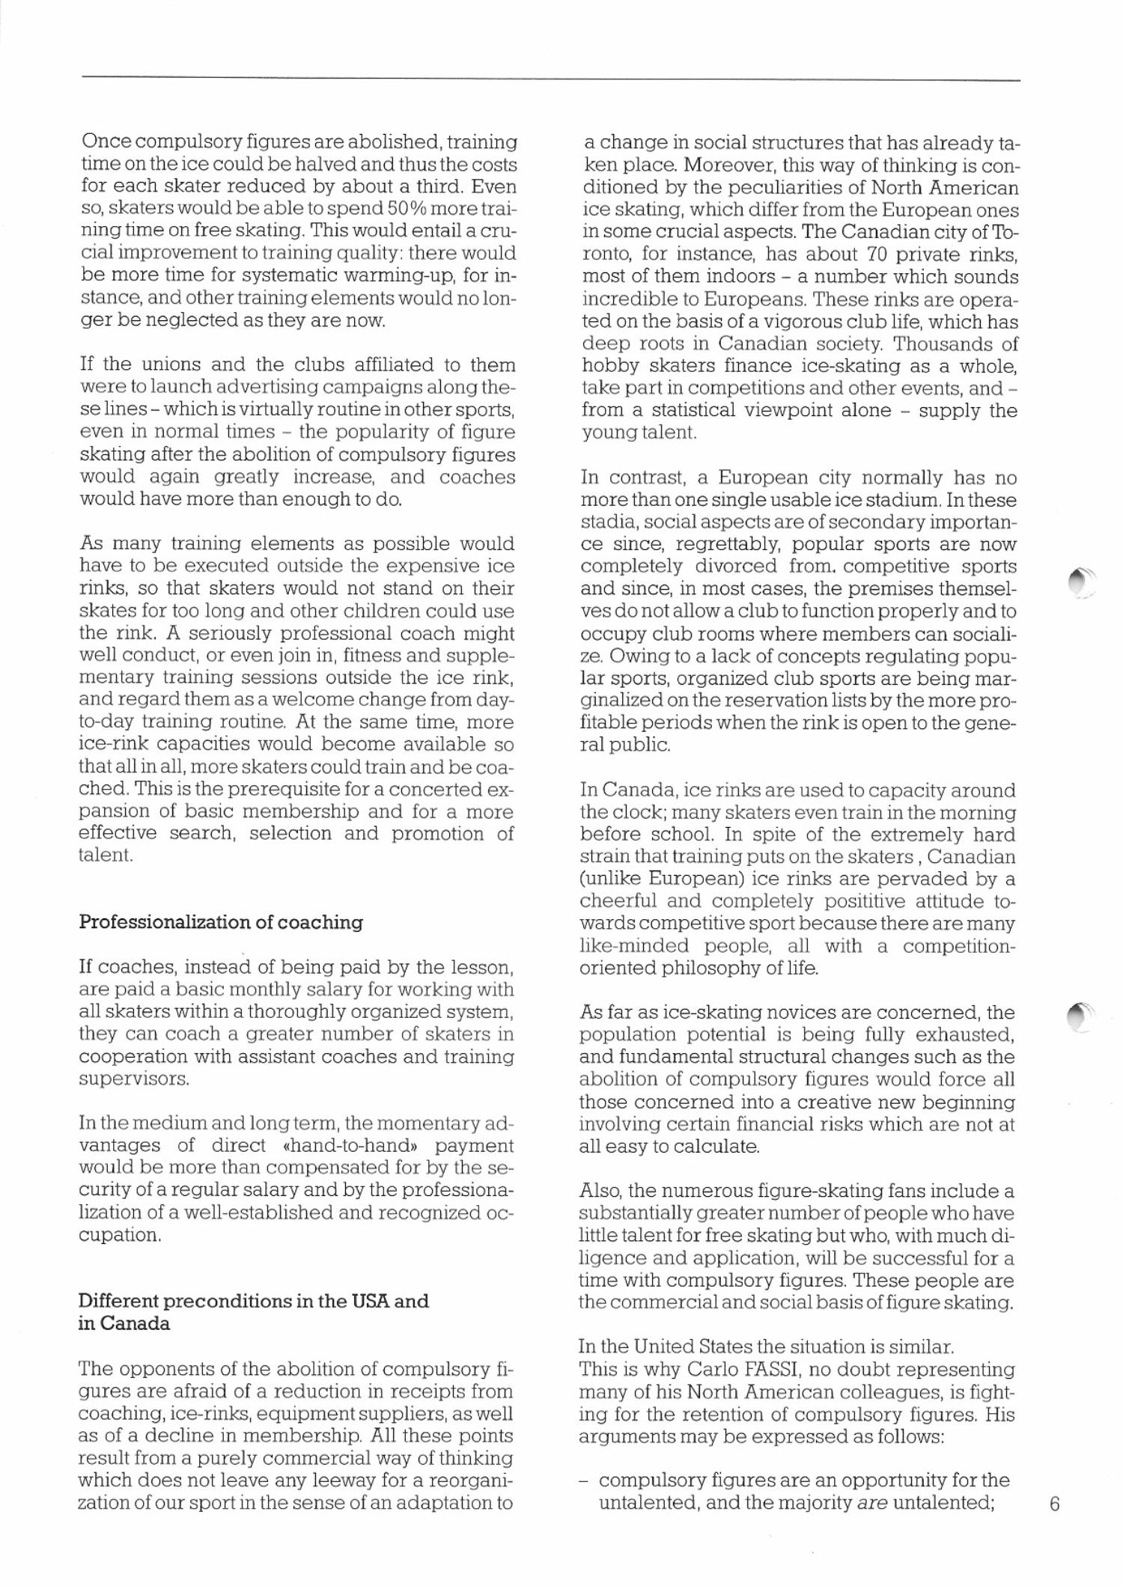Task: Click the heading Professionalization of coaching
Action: pyautogui.click(x=221, y=922)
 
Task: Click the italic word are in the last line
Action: pyautogui.click(x=872, y=1503)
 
